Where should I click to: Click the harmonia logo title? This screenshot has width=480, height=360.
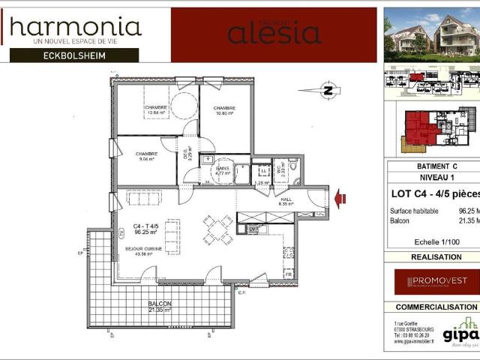coord(75,28)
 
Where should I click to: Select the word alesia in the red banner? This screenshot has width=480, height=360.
coord(274,34)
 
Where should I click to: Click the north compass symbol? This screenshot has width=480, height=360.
coord(327,91)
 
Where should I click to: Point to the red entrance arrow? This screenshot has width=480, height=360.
coord(340,198)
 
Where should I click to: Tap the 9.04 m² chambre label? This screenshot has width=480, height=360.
coord(145,156)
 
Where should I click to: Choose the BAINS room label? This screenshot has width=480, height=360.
coord(223,172)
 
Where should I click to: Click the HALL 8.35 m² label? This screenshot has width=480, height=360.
coord(285,200)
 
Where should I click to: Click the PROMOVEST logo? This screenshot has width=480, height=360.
coord(431,281)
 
